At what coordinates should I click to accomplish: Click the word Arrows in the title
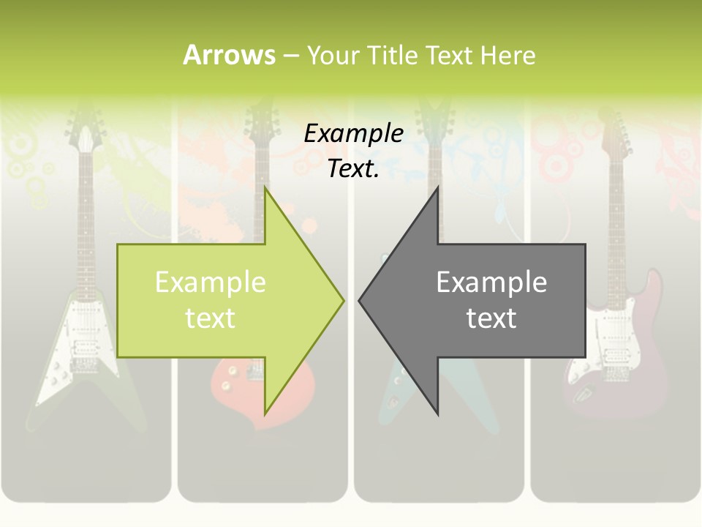[230, 55]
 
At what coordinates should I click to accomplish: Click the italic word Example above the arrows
[353, 134]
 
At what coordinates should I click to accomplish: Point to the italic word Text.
[353, 169]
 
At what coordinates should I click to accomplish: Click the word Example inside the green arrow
[211, 283]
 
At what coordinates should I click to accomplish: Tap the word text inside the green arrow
[211, 318]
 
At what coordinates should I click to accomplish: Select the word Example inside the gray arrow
[491, 283]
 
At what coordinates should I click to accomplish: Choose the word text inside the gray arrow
[491, 318]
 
